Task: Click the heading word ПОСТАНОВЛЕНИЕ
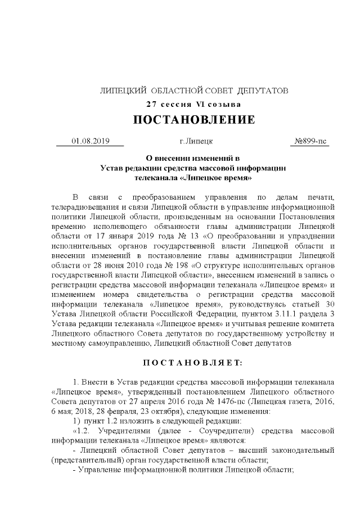pyautogui.click(x=193, y=120)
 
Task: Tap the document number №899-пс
pyautogui.click(x=311, y=141)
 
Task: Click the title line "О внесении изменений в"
pyautogui.click(x=193, y=158)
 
